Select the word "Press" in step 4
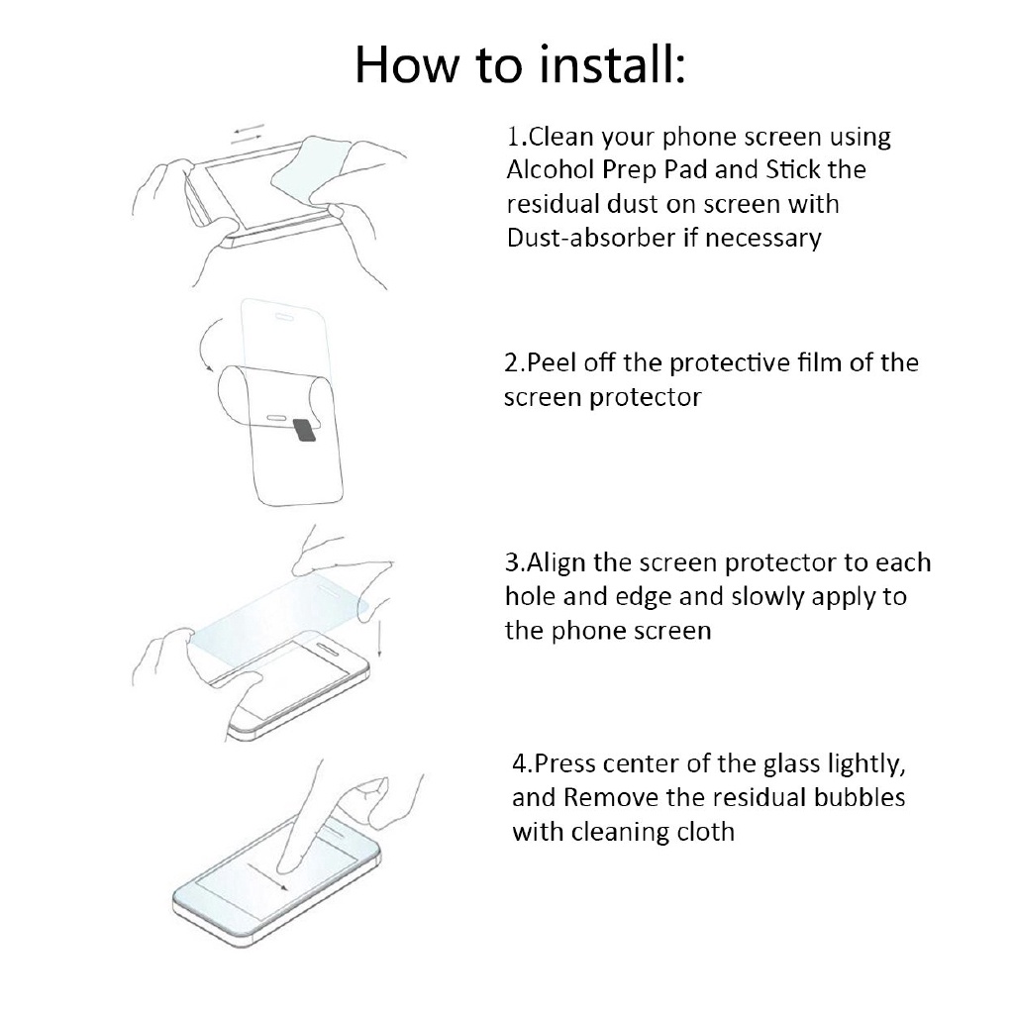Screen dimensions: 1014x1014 coord(566,764)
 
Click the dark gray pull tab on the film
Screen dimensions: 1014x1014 coord(304,430)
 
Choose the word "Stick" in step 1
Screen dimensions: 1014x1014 coord(792,169)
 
